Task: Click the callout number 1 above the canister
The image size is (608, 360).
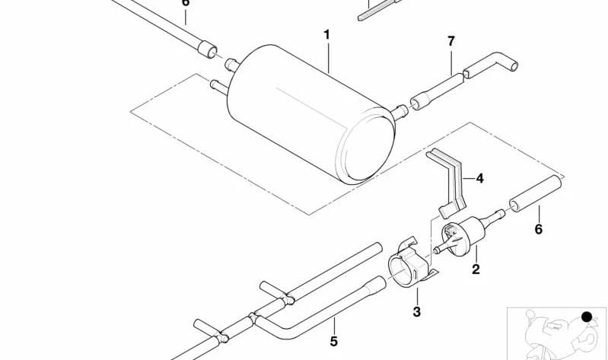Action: pyautogui.click(x=327, y=35)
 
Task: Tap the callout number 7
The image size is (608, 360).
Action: pyautogui.click(x=450, y=41)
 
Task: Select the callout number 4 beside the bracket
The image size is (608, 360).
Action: pyautogui.click(x=479, y=178)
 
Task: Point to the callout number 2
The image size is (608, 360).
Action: pyautogui.click(x=476, y=269)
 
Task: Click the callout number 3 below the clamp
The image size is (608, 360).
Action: pyautogui.click(x=416, y=311)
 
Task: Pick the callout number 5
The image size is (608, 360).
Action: pyautogui.click(x=334, y=342)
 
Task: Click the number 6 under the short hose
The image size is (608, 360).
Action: pyautogui.click(x=539, y=229)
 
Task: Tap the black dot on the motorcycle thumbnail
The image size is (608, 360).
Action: pyautogui.click(x=587, y=317)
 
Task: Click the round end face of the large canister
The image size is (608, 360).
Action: pyautogui.click(x=367, y=148)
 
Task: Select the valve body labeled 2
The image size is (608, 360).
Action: pyautogui.click(x=464, y=235)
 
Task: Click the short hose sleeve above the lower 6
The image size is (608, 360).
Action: pyautogui.click(x=536, y=193)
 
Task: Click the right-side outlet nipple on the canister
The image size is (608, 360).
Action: pyautogui.click(x=399, y=113)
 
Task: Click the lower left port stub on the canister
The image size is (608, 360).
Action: pyautogui.click(x=219, y=87)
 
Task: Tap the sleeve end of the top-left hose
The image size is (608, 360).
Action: pyautogui.click(x=207, y=49)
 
